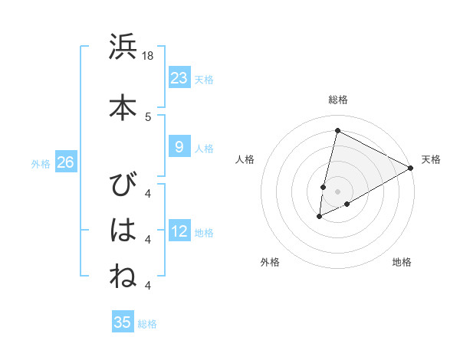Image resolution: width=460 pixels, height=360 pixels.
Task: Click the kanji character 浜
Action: (x=123, y=47)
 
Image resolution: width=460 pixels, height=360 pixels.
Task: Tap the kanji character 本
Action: (x=123, y=106)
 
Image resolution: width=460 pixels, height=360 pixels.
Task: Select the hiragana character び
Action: (x=123, y=184)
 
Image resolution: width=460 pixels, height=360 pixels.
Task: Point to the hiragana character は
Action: (x=123, y=229)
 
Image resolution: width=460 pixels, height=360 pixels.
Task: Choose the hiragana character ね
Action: (x=123, y=275)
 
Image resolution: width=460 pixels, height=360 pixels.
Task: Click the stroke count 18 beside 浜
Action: (x=148, y=56)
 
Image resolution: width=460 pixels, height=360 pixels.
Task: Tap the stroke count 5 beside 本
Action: (x=148, y=116)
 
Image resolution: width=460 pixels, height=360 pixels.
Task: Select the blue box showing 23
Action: (x=179, y=77)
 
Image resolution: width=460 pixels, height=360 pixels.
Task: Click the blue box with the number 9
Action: (x=179, y=148)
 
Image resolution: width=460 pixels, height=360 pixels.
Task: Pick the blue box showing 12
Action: (x=179, y=231)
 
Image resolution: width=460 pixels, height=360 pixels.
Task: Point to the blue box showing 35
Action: (x=123, y=322)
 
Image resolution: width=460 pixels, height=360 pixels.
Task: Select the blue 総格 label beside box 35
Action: (x=147, y=324)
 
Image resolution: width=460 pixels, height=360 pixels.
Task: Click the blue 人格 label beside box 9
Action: (x=204, y=149)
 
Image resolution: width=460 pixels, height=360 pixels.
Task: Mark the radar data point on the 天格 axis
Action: (x=411, y=168)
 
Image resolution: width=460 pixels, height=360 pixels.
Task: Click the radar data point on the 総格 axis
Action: (x=337, y=130)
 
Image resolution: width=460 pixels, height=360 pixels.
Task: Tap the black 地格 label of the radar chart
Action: (x=402, y=262)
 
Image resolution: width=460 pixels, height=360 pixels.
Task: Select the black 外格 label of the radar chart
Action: (x=270, y=262)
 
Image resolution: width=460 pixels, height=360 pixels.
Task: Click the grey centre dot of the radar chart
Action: (x=337, y=191)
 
